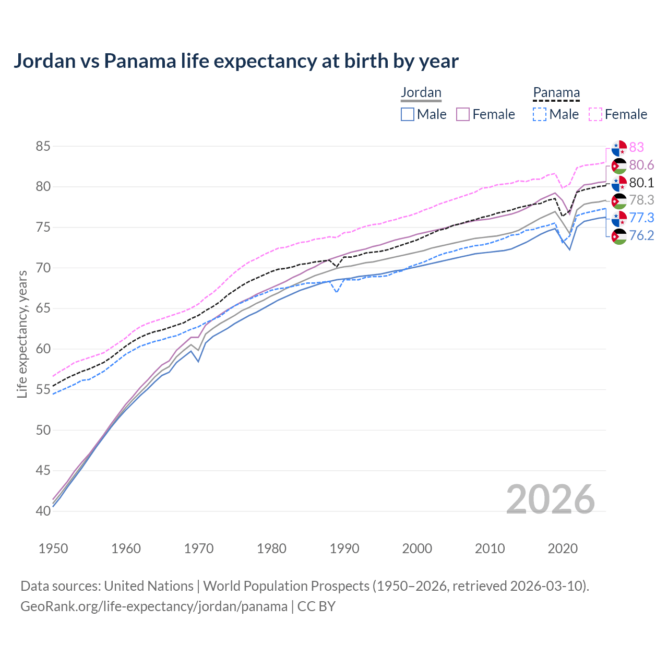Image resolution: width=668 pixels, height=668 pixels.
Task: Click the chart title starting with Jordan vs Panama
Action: click(x=236, y=61)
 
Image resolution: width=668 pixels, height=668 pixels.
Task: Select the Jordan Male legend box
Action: click(x=408, y=114)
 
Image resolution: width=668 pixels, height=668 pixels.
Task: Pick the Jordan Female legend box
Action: click(x=463, y=114)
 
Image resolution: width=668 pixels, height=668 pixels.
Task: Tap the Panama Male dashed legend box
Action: click(x=540, y=114)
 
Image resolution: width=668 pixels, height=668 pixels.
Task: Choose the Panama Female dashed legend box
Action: click(x=595, y=114)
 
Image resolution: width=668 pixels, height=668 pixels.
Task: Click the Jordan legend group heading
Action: click(x=421, y=92)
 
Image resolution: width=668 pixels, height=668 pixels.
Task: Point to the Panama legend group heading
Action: click(x=556, y=92)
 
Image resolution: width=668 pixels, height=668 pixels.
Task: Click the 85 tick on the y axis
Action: click(x=43, y=147)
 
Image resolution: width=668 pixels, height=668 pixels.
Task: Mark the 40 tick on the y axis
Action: click(x=43, y=511)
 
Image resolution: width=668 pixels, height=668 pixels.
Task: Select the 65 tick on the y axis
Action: click(x=43, y=308)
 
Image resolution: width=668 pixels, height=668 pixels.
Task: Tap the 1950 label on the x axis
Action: click(x=53, y=548)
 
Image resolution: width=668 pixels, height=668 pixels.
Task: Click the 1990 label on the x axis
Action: click(x=344, y=548)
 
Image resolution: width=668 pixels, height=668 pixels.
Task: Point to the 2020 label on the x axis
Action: click(x=563, y=548)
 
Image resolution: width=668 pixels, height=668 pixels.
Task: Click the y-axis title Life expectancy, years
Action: click(x=22, y=334)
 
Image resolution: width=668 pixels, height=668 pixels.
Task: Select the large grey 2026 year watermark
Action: click(x=551, y=499)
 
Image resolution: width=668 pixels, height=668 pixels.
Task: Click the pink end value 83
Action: click(x=636, y=147)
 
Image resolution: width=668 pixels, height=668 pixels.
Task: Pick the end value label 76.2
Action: click(x=641, y=235)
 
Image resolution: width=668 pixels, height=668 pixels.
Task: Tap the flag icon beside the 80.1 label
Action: click(x=619, y=183)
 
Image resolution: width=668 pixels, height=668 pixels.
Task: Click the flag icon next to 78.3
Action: click(x=619, y=200)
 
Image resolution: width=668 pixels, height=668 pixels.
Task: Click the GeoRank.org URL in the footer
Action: click(x=154, y=606)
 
